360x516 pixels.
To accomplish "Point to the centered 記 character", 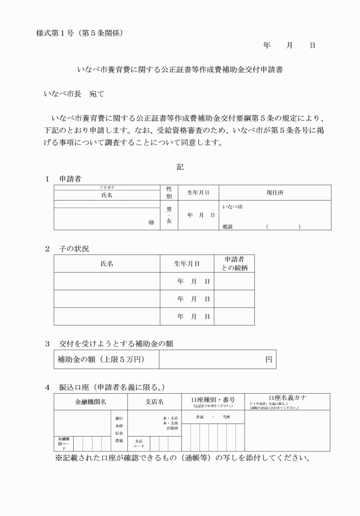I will pos(180,167).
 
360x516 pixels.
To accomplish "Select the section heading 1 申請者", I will pos(63,179).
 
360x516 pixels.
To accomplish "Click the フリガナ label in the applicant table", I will pos(107,187).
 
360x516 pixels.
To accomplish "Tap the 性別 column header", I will pos(169,192).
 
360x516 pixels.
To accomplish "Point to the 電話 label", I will pos(229,227).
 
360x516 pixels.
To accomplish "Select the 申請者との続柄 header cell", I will pos(234,263).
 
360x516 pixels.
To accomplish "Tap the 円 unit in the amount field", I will pos(269,360).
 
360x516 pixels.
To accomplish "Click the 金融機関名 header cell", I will pos(91,402).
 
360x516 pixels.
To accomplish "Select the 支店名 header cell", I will pos(154,402).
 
